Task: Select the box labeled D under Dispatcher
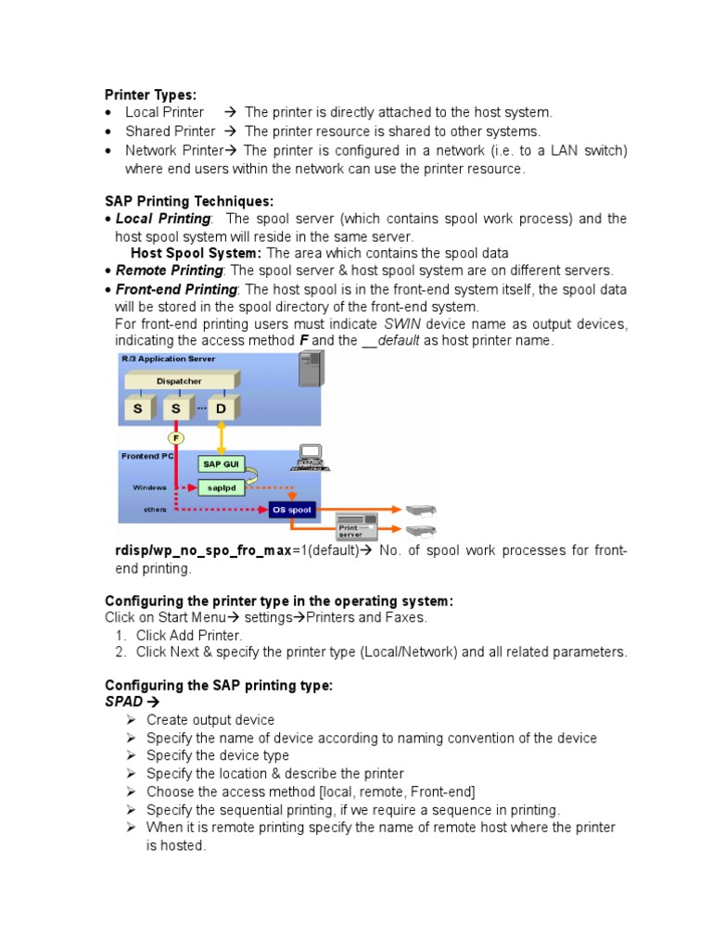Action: tap(221, 408)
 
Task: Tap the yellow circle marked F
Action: tap(176, 437)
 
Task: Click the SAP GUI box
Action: tap(220, 463)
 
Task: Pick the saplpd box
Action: tap(221, 487)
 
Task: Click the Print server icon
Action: tap(355, 526)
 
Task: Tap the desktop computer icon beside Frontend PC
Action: tap(308, 457)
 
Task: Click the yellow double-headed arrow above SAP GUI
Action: tap(221, 437)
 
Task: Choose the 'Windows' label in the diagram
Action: tap(149, 487)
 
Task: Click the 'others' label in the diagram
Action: tap(155, 510)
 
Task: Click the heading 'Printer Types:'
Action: tap(150, 95)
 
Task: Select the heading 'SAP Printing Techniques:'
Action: tap(189, 201)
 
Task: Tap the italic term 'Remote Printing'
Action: tap(169, 271)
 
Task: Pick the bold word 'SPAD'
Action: tap(124, 702)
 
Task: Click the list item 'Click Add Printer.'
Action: tap(189, 635)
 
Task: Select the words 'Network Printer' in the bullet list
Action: tap(174, 150)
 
